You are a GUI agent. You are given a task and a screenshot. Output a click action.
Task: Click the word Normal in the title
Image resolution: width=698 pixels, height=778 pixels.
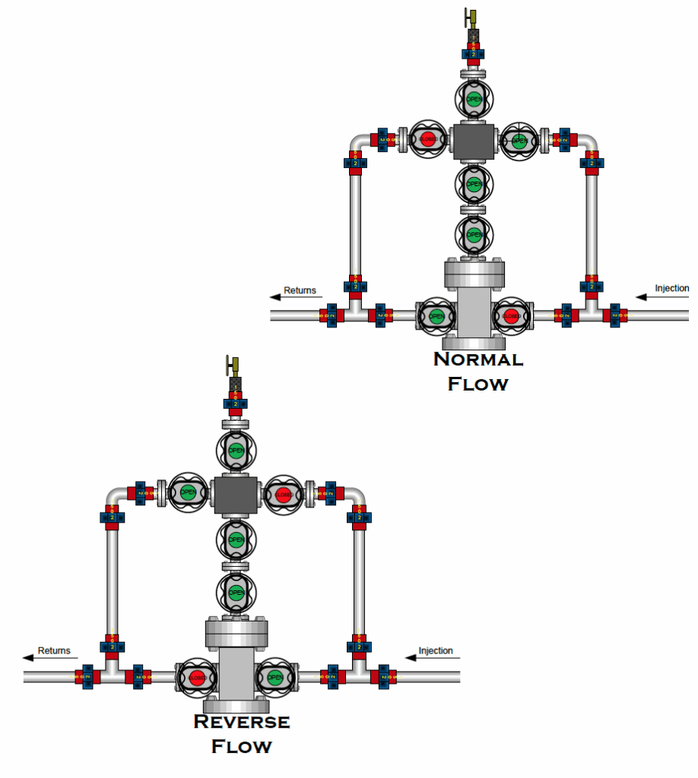click(x=477, y=359)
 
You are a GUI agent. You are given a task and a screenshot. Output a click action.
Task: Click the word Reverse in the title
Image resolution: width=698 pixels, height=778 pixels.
click(x=242, y=721)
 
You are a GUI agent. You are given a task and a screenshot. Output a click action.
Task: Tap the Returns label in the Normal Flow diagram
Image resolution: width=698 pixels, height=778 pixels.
click(x=300, y=290)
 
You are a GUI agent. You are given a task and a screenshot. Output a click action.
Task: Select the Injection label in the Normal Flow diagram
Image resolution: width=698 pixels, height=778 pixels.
click(x=672, y=288)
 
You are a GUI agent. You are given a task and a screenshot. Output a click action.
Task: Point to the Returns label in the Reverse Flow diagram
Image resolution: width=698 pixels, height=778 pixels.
click(x=54, y=650)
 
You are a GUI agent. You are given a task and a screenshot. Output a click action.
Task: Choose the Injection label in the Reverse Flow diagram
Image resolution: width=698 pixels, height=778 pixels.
click(x=436, y=650)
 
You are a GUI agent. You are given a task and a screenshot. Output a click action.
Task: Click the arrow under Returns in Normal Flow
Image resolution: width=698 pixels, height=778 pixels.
click(x=292, y=298)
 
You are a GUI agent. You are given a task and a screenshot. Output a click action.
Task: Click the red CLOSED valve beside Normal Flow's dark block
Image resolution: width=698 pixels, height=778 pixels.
click(x=427, y=140)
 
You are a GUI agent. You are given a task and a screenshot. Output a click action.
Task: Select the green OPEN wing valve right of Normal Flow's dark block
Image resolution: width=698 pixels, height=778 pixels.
click(x=519, y=140)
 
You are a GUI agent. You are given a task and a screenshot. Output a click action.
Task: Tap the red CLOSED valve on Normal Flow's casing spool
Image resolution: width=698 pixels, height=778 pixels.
click(x=511, y=315)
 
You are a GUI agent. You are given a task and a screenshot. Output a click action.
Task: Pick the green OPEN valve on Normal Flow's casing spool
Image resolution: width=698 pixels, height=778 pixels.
click(x=436, y=315)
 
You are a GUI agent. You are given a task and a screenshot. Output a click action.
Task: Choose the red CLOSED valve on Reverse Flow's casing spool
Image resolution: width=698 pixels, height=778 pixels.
click(x=197, y=677)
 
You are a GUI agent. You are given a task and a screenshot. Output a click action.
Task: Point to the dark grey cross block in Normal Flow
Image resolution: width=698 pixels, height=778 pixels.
click(x=474, y=141)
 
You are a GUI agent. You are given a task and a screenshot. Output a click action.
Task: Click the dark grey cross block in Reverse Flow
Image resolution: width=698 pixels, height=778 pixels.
click(x=236, y=495)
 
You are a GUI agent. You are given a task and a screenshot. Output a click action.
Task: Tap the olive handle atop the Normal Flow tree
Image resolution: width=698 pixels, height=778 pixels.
click(x=471, y=17)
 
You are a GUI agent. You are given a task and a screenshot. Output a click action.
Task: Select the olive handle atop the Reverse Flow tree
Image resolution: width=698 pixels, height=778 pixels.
click(x=234, y=365)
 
